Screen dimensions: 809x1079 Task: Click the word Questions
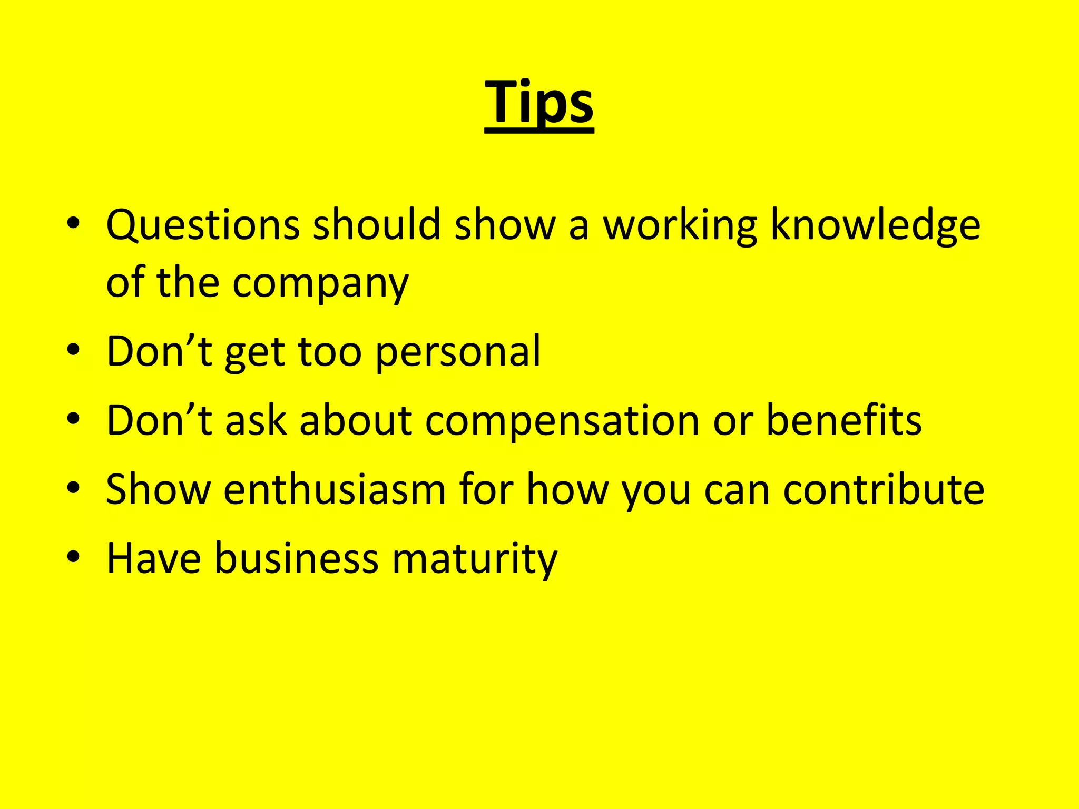(203, 225)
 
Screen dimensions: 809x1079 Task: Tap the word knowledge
(875, 225)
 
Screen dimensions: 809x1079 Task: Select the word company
(320, 283)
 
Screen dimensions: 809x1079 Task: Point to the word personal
(458, 352)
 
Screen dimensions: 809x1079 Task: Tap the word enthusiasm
(335, 489)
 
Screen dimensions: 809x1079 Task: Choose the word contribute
(884, 489)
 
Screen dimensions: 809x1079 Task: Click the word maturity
(474, 558)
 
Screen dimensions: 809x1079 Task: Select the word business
(296, 558)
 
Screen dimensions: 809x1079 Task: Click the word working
(680, 225)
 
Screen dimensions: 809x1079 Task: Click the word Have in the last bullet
(153, 558)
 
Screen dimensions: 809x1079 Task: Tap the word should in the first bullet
(376, 225)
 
